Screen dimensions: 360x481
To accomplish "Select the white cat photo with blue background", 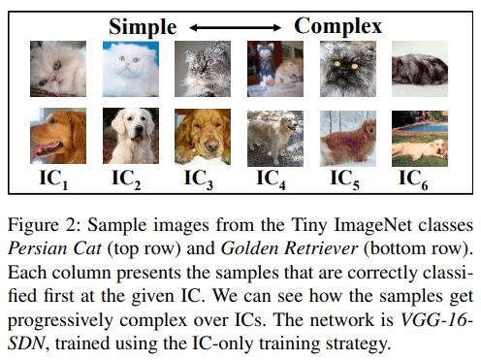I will pos(130,70).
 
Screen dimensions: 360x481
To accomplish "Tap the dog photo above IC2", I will pos(130,138).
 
